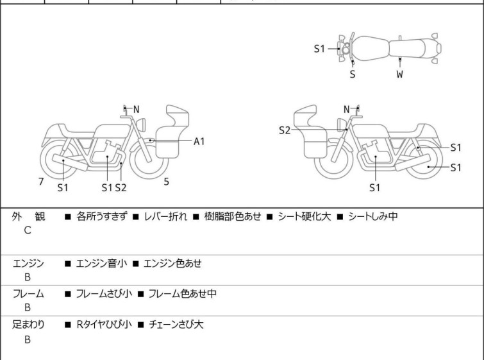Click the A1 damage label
tap(199, 141)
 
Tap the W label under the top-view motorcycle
tap(400, 74)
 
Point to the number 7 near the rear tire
tap(41, 182)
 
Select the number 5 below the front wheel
tap(166, 182)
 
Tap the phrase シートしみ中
tap(372, 216)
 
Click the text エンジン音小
tap(101, 263)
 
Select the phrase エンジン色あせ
tap(172, 263)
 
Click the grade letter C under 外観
tap(28, 231)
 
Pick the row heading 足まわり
tap(29, 325)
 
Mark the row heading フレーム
tap(29, 294)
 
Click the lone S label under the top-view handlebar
tap(353, 74)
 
